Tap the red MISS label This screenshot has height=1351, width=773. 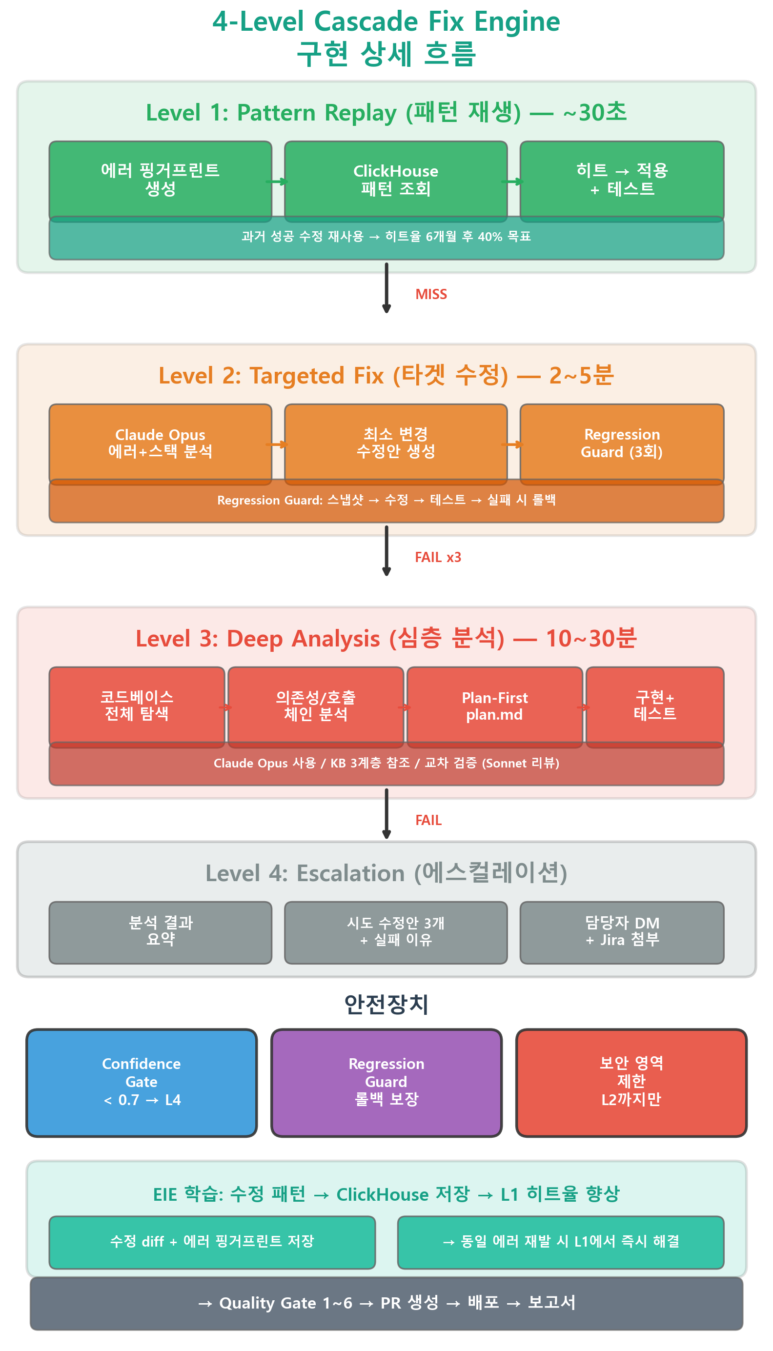[x=430, y=295]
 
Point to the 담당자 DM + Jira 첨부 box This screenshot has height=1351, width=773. [x=622, y=932]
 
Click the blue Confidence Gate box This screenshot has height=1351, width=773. [x=142, y=1083]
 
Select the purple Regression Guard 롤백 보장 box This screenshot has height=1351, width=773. [x=386, y=1083]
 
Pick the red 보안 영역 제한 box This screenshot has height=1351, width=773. [x=631, y=1083]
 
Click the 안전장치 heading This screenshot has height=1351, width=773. [x=386, y=1004]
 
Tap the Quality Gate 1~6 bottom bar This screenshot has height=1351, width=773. [x=386, y=1303]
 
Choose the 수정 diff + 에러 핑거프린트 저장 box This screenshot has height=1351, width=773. [x=212, y=1242]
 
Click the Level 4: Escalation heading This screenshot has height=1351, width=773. [x=386, y=873]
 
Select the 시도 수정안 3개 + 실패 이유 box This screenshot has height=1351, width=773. [x=395, y=932]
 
